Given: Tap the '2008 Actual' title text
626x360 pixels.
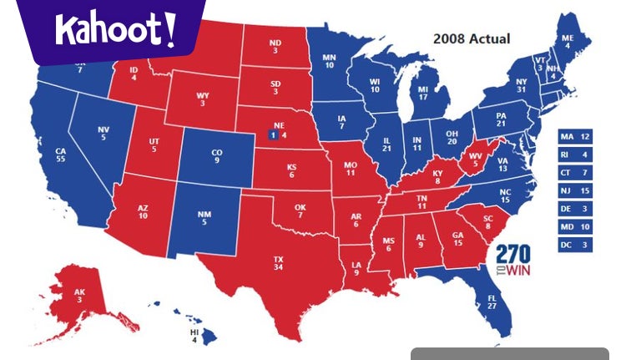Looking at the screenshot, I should click(471, 38).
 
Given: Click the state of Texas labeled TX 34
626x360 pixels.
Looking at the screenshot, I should click(277, 265).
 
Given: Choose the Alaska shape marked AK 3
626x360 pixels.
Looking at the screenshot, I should click(80, 295).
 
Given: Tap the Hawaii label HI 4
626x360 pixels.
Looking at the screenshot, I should click(194, 336).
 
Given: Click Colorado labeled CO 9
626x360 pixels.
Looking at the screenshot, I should click(216, 156).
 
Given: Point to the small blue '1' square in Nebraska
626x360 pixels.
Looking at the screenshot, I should click(271, 133).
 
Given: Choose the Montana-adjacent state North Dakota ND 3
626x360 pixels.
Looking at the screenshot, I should click(275, 47).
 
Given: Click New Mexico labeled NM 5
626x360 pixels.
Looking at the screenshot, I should click(204, 218).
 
